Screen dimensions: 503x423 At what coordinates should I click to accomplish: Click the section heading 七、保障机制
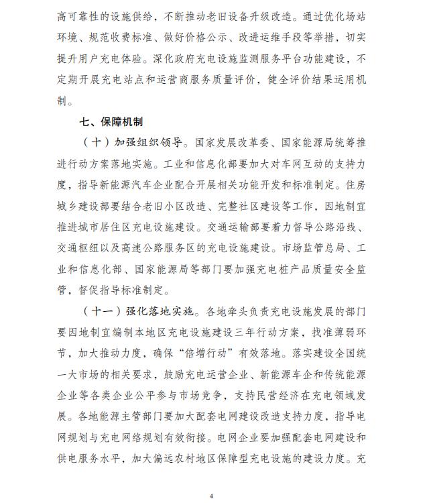(x=111, y=123)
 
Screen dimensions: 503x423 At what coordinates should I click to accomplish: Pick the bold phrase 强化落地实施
(x=160, y=312)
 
